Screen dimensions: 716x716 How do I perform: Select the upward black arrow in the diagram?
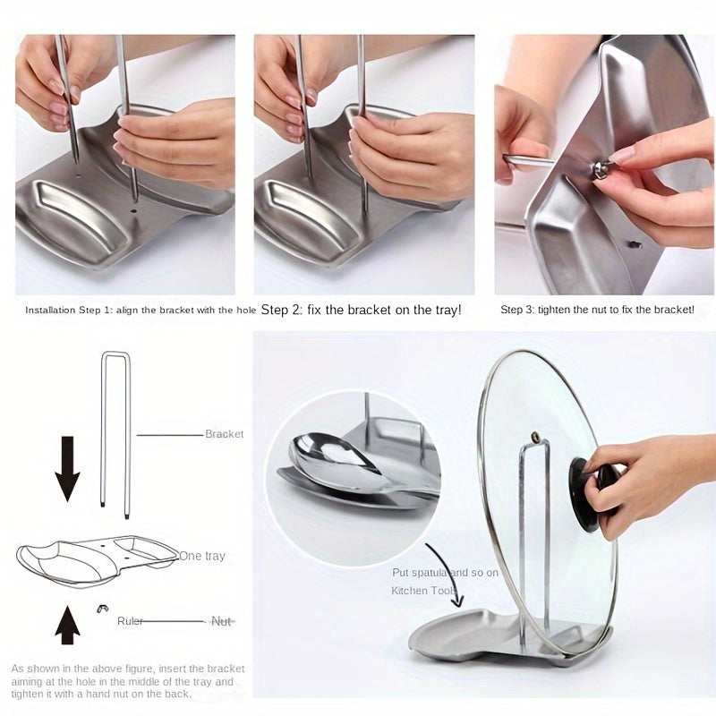[67, 623]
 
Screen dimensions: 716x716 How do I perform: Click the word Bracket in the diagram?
[224, 434]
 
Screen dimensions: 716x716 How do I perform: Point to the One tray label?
[201, 556]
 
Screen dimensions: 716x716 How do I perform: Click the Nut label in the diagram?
[221, 621]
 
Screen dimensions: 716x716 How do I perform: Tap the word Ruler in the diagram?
[130, 621]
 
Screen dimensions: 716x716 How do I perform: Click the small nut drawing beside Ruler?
[103, 609]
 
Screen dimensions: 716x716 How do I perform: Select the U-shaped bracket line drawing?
[115, 430]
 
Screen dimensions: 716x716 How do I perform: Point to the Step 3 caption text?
[597, 310]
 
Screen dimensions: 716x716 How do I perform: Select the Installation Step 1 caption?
[141, 310]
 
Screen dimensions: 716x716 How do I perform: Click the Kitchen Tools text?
[422, 591]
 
